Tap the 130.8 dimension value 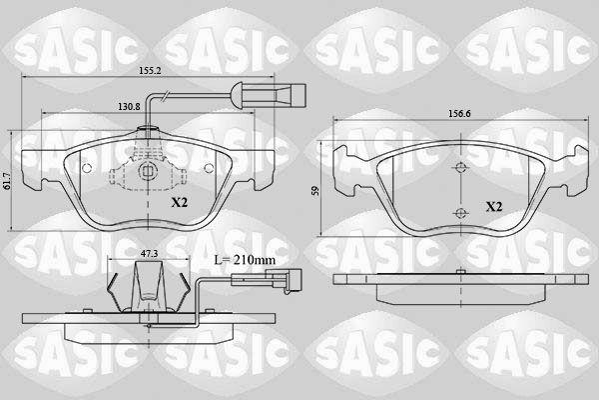coord(129,107)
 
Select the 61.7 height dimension coord(5,180)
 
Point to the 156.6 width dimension coord(459,114)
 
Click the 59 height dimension coord(315,191)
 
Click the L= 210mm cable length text coord(245,260)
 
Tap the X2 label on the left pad coord(179,202)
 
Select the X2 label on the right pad coord(493,207)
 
